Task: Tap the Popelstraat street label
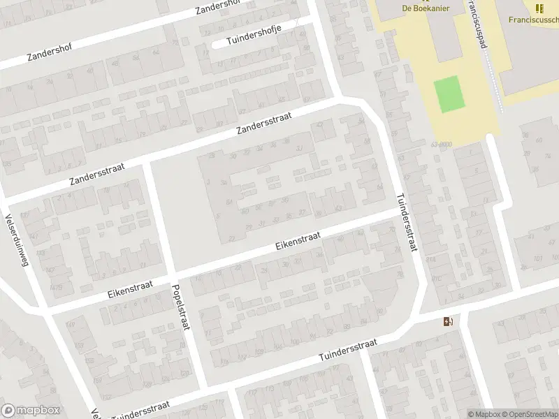(x=180, y=307)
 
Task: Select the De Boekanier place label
(x=425, y=8)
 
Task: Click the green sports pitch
(x=449, y=94)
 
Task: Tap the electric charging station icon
(x=447, y=321)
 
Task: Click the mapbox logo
(x=31, y=411)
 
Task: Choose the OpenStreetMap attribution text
(x=529, y=414)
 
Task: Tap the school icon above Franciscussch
(x=539, y=8)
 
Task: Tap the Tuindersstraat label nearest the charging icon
(x=347, y=350)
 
